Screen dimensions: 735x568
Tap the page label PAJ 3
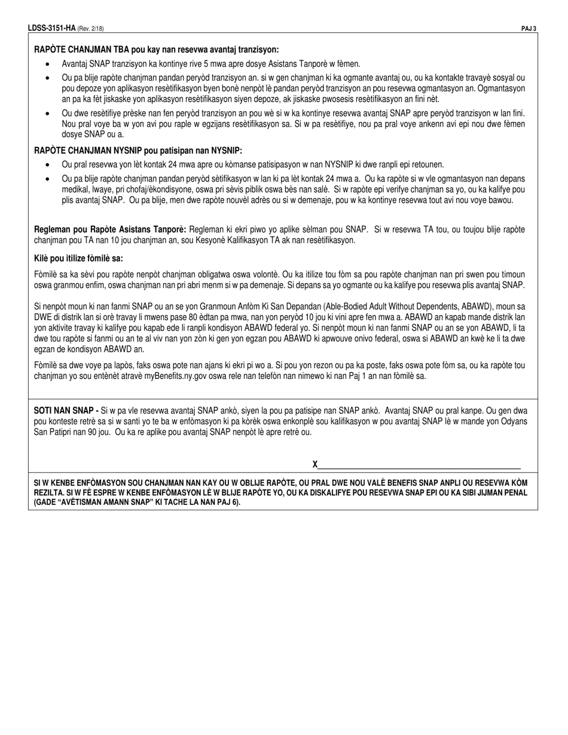tap(529, 27)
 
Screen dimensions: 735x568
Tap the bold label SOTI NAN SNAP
tap(66, 411)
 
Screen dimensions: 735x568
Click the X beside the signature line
tap(315, 464)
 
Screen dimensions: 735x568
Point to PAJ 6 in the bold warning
tap(224, 502)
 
